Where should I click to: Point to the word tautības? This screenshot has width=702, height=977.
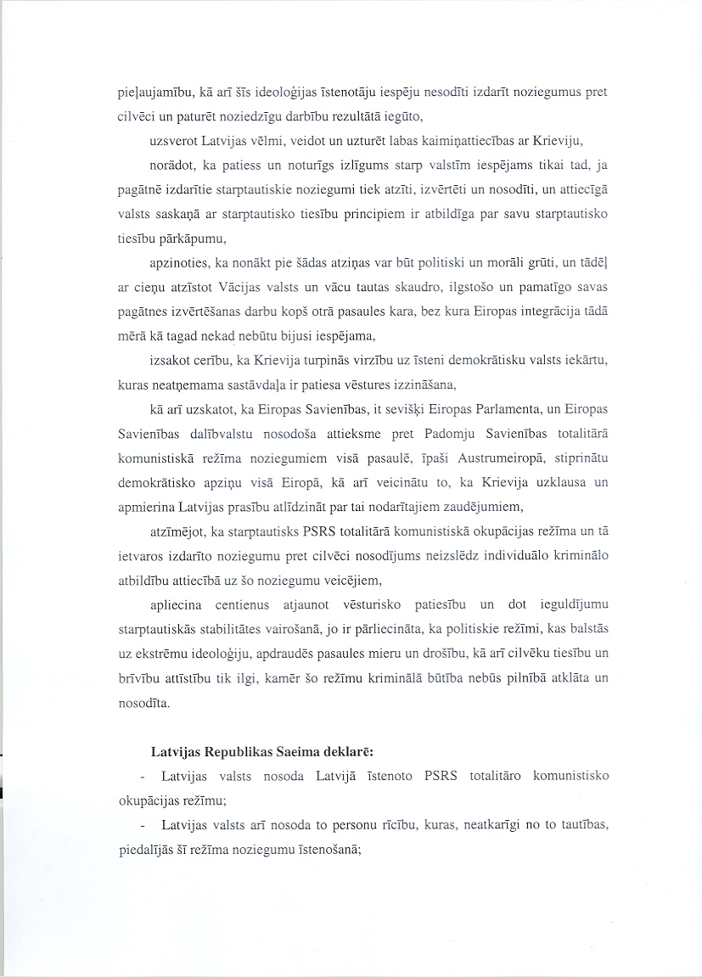pos(581,825)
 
